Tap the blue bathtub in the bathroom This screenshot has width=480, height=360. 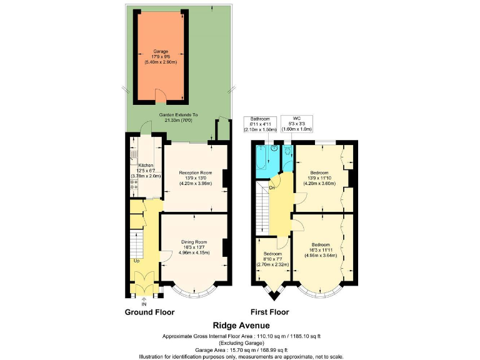(261, 158)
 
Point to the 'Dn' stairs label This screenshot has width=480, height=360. (272, 187)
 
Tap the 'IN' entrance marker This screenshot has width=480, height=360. (144, 304)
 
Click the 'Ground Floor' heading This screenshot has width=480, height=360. (149, 312)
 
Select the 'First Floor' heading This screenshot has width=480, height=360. (272, 312)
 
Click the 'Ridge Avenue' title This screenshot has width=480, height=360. (241, 326)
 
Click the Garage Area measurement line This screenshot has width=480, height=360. (241, 349)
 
